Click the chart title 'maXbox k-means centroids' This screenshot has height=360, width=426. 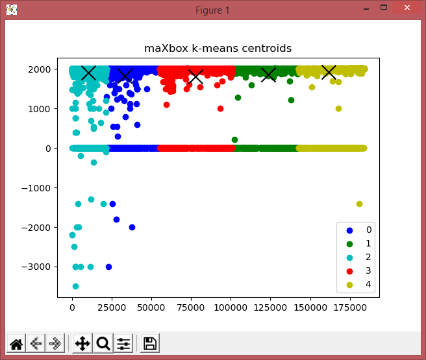pyautogui.click(x=218, y=48)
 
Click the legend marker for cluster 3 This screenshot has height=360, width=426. pyautogui.click(x=349, y=271)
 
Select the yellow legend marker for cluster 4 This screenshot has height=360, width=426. pyautogui.click(x=349, y=285)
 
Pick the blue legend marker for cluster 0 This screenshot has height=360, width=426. pyautogui.click(x=349, y=231)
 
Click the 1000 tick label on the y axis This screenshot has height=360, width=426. pyautogui.click(x=40, y=109)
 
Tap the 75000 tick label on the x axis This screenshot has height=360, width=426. pyautogui.click(x=191, y=307)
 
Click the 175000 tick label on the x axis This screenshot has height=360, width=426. pyautogui.click(x=349, y=307)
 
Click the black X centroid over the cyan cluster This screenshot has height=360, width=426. pyautogui.click(x=88, y=73)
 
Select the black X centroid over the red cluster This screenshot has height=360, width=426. pyautogui.click(x=195, y=77)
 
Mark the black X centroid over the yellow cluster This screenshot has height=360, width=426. pyautogui.click(x=329, y=72)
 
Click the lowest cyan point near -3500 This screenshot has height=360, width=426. pyautogui.click(x=75, y=286)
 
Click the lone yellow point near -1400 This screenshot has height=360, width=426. pyautogui.click(x=359, y=204)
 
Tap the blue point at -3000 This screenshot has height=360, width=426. pyautogui.click(x=108, y=267)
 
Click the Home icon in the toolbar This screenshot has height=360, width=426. pyautogui.click(x=16, y=343)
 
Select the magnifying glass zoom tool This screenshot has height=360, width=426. pyautogui.click(x=103, y=343)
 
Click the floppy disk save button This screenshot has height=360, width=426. pyautogui.click(x=150, y=343)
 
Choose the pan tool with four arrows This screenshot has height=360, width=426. pyautogui.click(x=82, y=343)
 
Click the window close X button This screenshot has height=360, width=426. pyautogui.click(x=407, y=8)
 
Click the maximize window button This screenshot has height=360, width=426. pyautogui.click(x=384, y=7)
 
